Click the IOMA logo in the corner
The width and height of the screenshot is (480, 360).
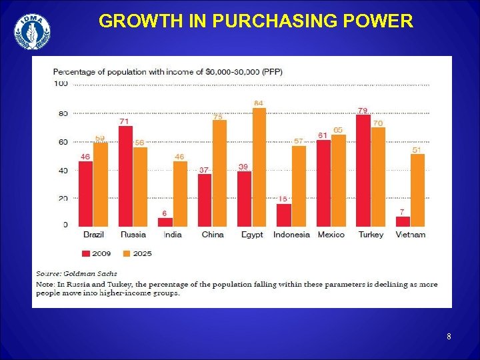click(x=32, y=31)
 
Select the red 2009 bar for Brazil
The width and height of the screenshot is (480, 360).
click(x=85, y=193)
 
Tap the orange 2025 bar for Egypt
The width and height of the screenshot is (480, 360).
click(x=259, y=167)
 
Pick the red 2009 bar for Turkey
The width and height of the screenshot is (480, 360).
click(x=363, y=170)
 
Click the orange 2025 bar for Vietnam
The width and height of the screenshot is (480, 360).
click(x=417, y=190)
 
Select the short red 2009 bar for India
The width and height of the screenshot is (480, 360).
click(x=165, y=221)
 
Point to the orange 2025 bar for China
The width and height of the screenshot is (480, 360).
click(x=219, y=173)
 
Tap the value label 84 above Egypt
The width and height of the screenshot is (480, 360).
click(x=258, y=103)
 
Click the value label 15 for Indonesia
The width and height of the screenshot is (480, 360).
click(x=283, y=199)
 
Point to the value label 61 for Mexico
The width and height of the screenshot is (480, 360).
click(x=322, y=135)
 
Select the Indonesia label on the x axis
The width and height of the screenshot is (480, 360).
click(x=291, y=235)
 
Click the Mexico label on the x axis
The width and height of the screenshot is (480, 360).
click(x=331, y=235)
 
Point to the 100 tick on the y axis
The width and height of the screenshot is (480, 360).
click(x=61, y=83)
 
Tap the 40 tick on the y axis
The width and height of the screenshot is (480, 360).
click(x=63, y=170)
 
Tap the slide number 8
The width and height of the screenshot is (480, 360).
click(x=449, y=337)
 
